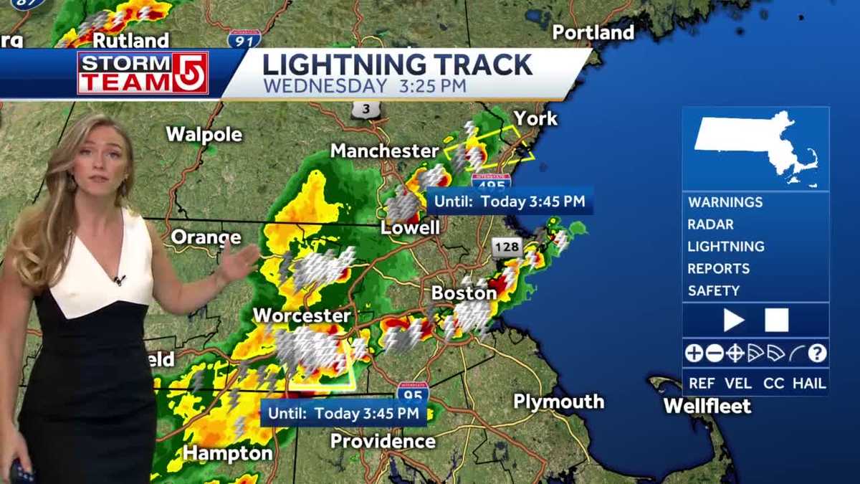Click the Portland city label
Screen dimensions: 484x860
click(x=593, y=32)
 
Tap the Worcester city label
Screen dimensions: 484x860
click(x=302, y=315)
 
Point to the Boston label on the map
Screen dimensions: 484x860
click(x=464, y=293)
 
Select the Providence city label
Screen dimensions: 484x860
click(x=383, y=441)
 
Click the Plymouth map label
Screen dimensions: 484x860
click(x=558, y=402)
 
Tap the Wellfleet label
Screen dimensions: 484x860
click(x=707, y=406)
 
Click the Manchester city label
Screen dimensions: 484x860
click(x=384, y=151)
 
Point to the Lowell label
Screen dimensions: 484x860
click(x=410, y=228)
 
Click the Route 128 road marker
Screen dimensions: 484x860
click(x=506, y=247)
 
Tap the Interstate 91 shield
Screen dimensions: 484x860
click(x=244, y=39)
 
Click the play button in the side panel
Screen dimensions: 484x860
click(x=733, y=320)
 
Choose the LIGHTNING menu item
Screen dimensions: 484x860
click(x=725, y=247)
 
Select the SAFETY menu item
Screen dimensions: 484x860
click(x=713, y=291)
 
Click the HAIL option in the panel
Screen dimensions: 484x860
click(x=809, y=383)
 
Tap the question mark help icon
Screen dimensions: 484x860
click(x=818, y=353)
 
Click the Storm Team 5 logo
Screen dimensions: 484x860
click(x=143, y=73)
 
